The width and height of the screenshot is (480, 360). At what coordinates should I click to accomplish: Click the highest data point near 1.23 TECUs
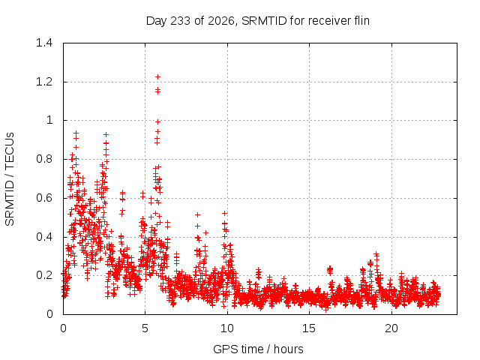click(x=157, y=76)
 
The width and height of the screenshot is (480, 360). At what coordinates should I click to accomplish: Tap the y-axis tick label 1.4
click(x=44, y=43)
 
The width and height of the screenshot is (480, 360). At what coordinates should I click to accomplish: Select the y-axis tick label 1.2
click(x=44, y=82)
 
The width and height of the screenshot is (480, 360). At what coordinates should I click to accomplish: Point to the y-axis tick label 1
click(x=49, y=120)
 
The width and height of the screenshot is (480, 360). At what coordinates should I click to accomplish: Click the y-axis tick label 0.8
click(x=44, y=159)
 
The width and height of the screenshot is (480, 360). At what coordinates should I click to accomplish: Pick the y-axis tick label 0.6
click(x=44, y=198)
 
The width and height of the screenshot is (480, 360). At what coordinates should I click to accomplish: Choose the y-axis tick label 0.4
click(x=44, y=237)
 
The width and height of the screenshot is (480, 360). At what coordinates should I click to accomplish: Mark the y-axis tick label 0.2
click(x=44, y=275)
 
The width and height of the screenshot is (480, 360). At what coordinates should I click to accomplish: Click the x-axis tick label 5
click(x=145, y=328)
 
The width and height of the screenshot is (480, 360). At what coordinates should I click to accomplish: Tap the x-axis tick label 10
click(x=227, y=328)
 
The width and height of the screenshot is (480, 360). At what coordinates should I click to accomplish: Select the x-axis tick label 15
click(x=309, y=328)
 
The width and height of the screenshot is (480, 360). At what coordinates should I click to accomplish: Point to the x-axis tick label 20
click(x=391, y=328)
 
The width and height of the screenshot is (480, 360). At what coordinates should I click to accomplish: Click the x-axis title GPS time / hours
click(x=258, y=349)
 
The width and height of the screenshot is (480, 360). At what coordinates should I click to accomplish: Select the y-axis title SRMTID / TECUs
click(x=10, y=179)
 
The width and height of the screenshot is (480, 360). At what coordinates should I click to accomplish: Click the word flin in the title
click(x=361, y=20)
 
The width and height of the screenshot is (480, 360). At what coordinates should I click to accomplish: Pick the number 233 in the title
click(x=181, y=21)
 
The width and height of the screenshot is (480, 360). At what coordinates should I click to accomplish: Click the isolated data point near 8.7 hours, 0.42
click(x=205, y=233)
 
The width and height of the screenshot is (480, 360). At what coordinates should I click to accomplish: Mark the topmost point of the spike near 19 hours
click(x=376, y=254)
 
